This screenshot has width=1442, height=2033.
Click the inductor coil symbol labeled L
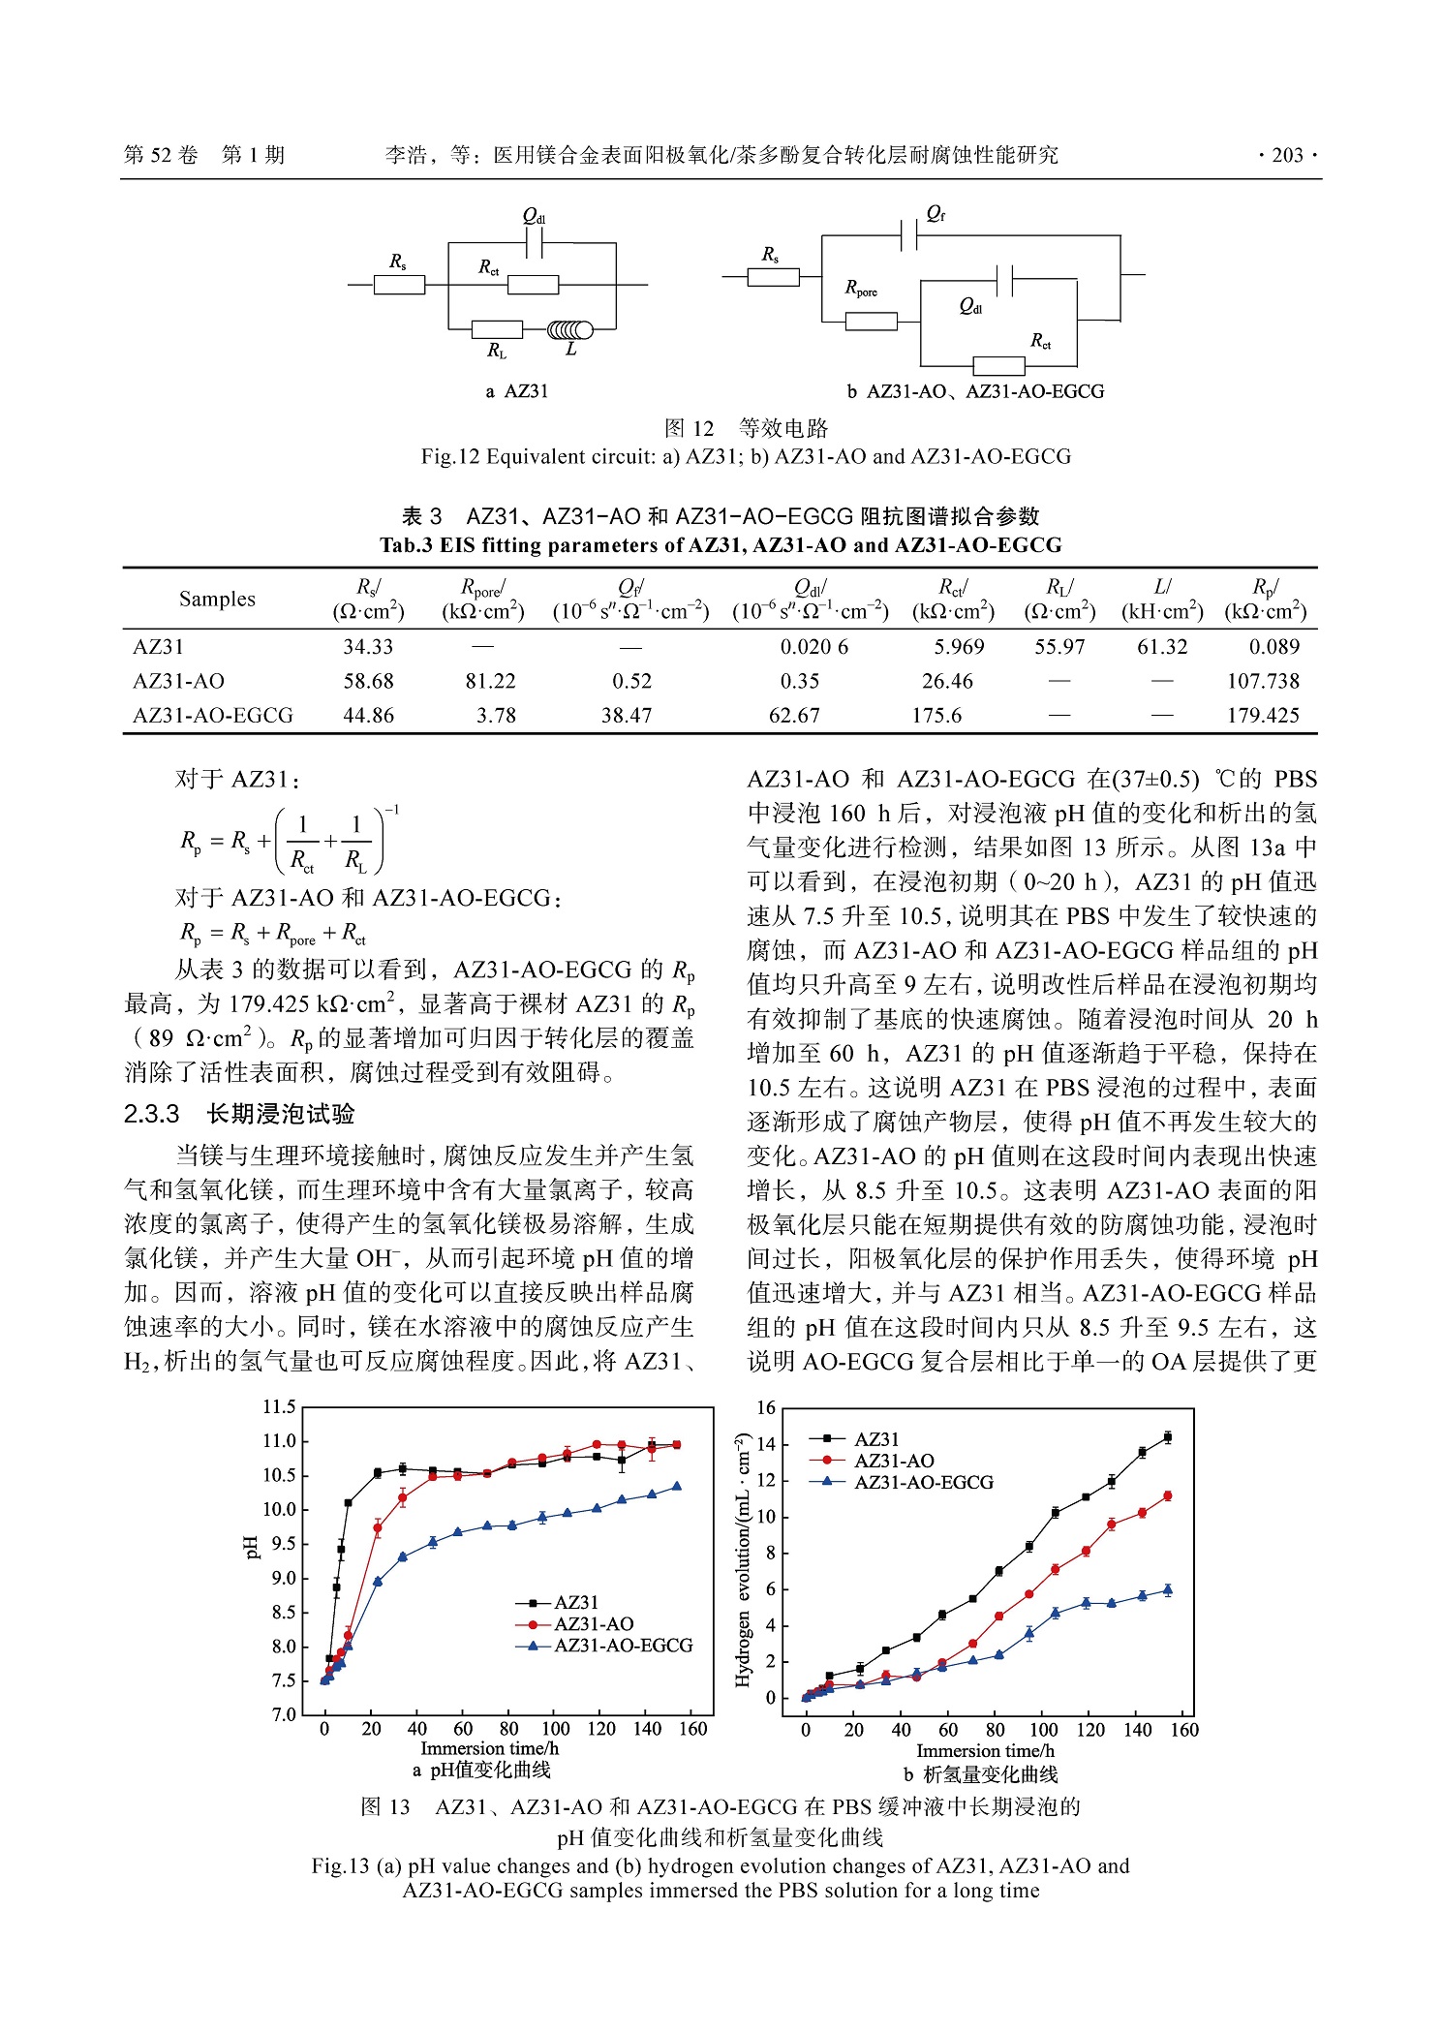tap(570, 330)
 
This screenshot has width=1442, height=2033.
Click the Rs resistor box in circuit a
tap(399, 285)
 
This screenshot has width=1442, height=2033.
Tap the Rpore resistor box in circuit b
tap(871, 322)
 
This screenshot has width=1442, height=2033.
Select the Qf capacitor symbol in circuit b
tap(908, 235)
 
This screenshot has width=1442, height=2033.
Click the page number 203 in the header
tap(1287, 155)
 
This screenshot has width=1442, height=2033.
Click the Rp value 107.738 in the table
tap(1263, 681)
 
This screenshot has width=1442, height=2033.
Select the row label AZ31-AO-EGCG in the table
tap(213, 716)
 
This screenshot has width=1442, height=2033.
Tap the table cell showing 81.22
tap(490, 681)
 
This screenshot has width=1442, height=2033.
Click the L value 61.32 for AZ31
tap(1161, 647)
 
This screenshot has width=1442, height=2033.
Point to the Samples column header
tap(217, 599)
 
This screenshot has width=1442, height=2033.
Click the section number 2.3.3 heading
tap(152, 1115)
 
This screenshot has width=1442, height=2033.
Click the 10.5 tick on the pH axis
tap(280, 1475)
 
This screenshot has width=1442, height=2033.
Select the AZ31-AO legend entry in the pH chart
tap(593, 1623)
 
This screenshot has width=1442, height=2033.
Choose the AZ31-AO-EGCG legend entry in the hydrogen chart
tap(923, 1482)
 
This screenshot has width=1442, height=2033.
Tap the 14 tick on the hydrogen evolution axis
tap(766, 1444)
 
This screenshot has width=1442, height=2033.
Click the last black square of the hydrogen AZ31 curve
tap(1168, 1437)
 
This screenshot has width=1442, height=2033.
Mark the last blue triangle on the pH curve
tap(677, 1486)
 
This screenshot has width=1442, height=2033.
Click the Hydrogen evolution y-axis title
tap(743, 1559)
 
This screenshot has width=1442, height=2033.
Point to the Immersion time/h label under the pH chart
tap(489, 1748)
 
